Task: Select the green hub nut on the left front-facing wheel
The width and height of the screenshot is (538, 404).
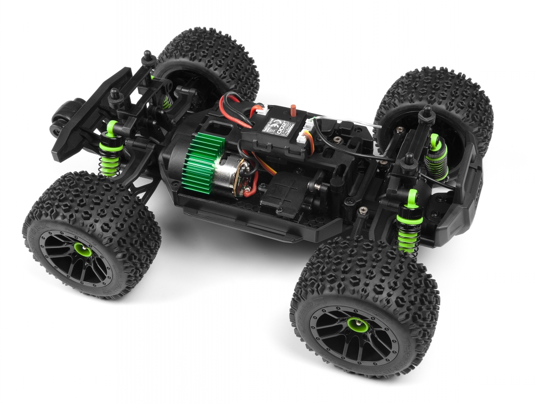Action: [81, 249]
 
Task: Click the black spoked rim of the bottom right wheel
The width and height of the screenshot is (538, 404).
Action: [353, 333]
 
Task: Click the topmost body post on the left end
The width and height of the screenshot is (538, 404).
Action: [147, 56]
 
